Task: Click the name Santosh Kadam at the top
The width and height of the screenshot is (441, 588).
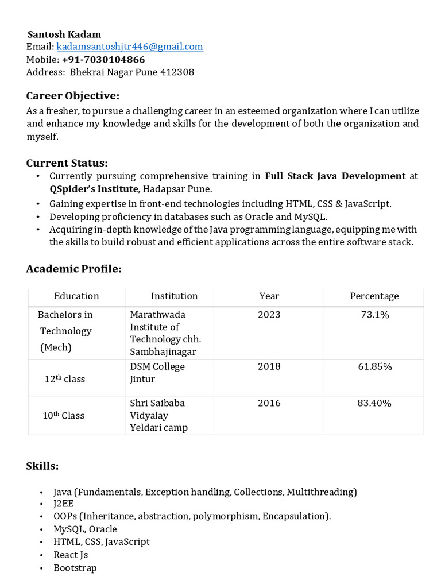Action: [64, 34]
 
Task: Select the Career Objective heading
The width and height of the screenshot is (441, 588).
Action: [73, 96]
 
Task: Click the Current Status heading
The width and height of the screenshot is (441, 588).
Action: [67, 163]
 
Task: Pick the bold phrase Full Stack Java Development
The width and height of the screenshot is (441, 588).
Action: [335, 176]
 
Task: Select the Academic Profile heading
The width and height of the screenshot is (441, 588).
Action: [73, 269]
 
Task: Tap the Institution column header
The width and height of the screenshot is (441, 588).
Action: [174, 296]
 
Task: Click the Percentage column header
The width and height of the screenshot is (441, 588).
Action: [374, 296]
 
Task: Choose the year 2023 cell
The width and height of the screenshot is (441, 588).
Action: [269, 315]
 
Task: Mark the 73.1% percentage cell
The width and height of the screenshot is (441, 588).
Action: [374, 315]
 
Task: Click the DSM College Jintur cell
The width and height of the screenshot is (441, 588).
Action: [157, 373]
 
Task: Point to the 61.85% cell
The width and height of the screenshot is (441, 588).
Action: [374, 366]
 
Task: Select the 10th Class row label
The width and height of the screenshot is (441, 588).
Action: [63, 416]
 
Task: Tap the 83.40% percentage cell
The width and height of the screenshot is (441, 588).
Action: [374, 403]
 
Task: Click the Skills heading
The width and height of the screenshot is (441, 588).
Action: [42, 466]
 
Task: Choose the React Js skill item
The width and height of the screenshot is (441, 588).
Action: [71, 555]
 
